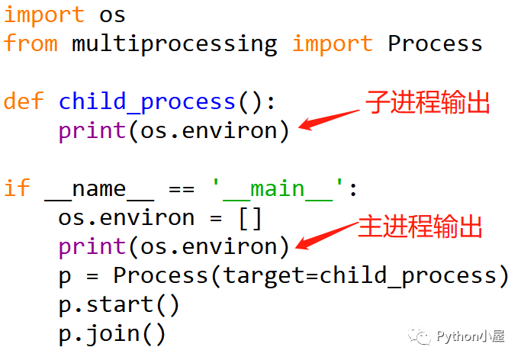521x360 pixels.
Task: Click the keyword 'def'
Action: click(23, 101)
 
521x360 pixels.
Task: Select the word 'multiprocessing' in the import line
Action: click(175, 43)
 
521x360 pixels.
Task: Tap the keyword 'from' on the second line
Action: click(31, 43)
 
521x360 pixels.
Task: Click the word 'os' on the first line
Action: click(112, 14)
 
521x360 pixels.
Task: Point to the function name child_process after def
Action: click(147, 101)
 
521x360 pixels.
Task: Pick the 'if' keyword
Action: click(16, 188)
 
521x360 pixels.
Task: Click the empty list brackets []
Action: click(250, 217)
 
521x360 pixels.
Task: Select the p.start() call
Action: click(119, 304)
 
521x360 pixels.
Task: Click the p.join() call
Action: click(112, 333)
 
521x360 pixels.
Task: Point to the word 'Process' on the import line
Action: click(435, 43)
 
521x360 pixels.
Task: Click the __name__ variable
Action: click(98, 188)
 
